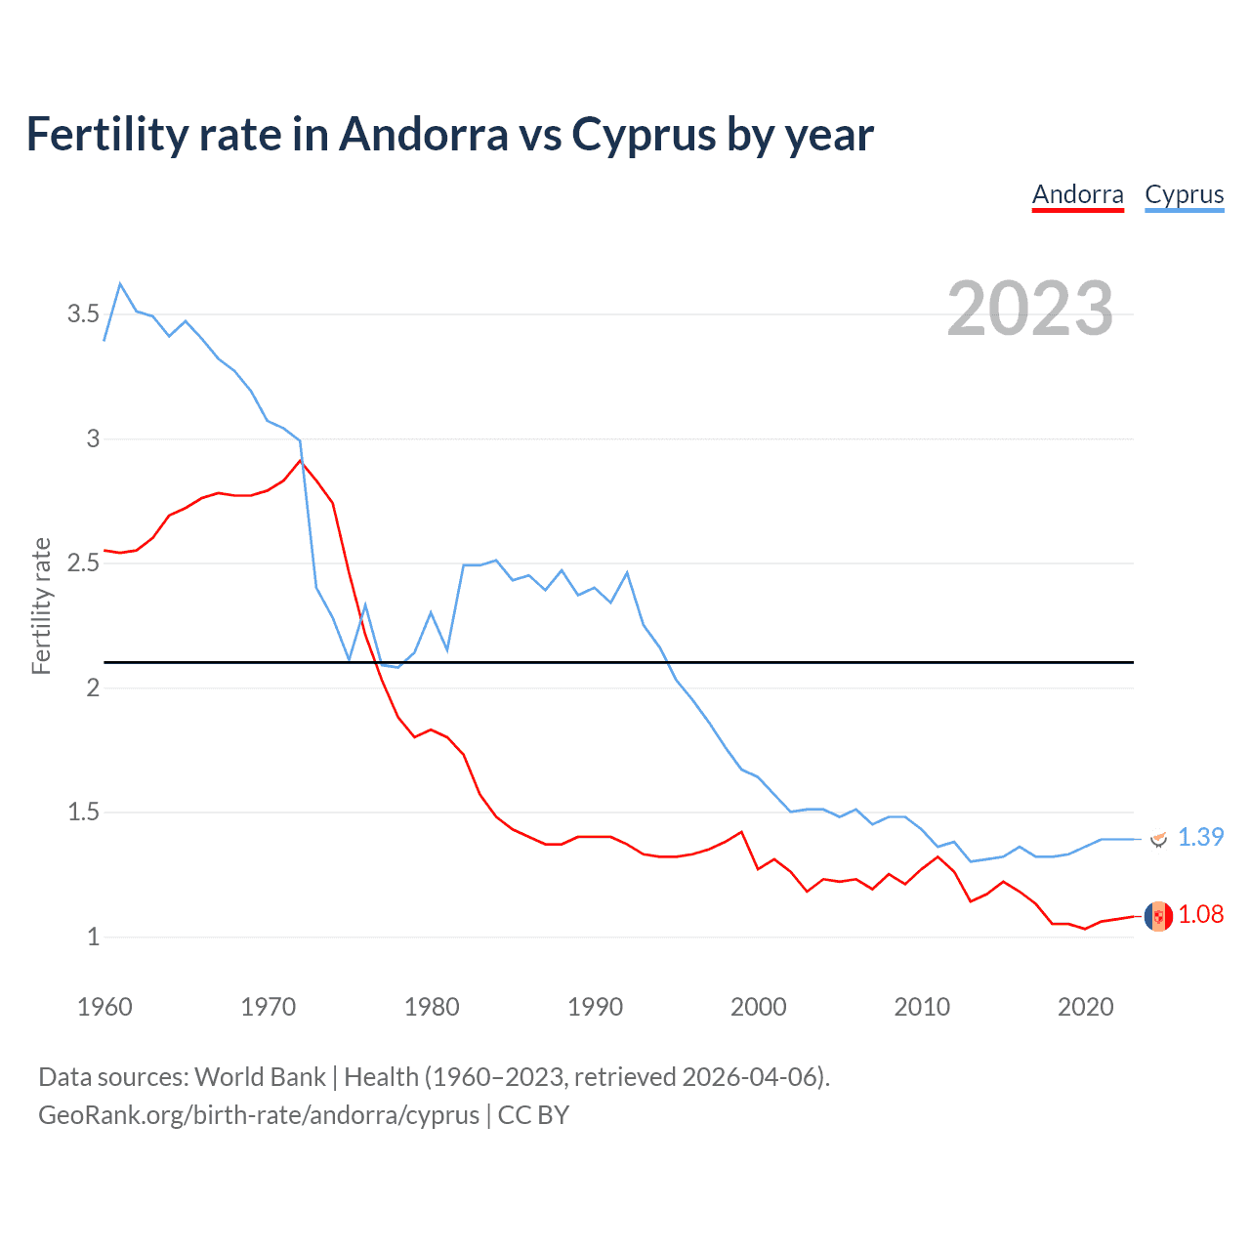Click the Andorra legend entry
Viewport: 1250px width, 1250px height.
click(1078, 194)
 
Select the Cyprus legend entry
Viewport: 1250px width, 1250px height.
click(1184, 194)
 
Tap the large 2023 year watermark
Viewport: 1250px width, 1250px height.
click(1030, 309)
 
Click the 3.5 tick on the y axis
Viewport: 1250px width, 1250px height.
click(83, 314)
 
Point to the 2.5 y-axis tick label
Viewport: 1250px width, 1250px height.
click(83, 563)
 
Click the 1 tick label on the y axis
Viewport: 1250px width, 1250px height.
click(94, 937)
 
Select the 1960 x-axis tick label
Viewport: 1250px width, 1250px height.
click(104, 1007)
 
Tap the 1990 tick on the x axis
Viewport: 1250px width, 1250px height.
click(595, 1007)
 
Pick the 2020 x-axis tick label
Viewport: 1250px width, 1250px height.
click(1085, 1007)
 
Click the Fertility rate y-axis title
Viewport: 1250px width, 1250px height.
click(41, 605)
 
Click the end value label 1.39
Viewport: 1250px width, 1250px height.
click(1200, 837)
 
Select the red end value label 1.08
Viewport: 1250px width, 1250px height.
click(1200, 914)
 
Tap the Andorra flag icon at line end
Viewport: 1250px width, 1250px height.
click(1158, 916)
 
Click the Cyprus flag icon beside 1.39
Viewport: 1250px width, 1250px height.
click(1158, 839)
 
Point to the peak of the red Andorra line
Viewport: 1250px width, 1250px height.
click(301, 460)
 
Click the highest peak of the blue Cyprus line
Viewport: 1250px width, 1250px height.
click(120, 284)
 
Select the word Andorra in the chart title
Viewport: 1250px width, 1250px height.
click(423, 135)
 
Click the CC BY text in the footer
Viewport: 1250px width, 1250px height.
click(533, 1115)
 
